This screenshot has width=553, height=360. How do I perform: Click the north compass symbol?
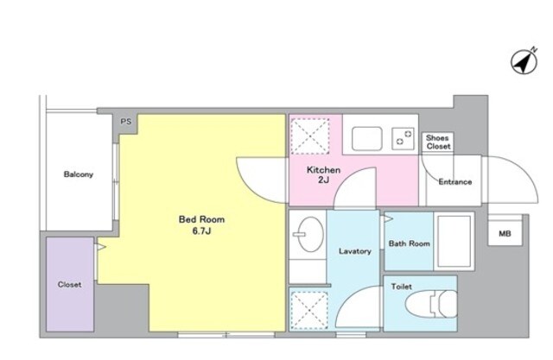[524, 61]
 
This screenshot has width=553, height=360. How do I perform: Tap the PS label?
[126, 122]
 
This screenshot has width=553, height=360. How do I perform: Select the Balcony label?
[79, 174]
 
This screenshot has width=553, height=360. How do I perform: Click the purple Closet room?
[70, 284]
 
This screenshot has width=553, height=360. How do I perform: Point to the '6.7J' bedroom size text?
[201, 231]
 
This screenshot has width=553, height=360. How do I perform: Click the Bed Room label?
[201, 219]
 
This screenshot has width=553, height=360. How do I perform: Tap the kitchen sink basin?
[366, 138]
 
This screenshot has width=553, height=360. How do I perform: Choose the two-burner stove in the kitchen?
[404, 138]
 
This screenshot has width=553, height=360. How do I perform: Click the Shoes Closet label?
[438, 142]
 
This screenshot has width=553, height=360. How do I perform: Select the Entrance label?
[455, 182]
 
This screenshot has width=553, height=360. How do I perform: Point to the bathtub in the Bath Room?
[454, 241]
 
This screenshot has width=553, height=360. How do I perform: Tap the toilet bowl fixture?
[431, 304]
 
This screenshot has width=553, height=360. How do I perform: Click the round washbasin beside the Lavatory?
[310, 234]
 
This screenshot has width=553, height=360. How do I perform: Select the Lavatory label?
[355, 251]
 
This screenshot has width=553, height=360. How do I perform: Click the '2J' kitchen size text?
[323, 180]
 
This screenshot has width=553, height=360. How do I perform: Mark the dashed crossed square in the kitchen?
[310, 136]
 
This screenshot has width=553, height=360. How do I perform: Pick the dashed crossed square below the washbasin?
[309, 310]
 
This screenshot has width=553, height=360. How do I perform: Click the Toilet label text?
[401, 287]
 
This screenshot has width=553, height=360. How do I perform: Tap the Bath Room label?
[409, 243]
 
